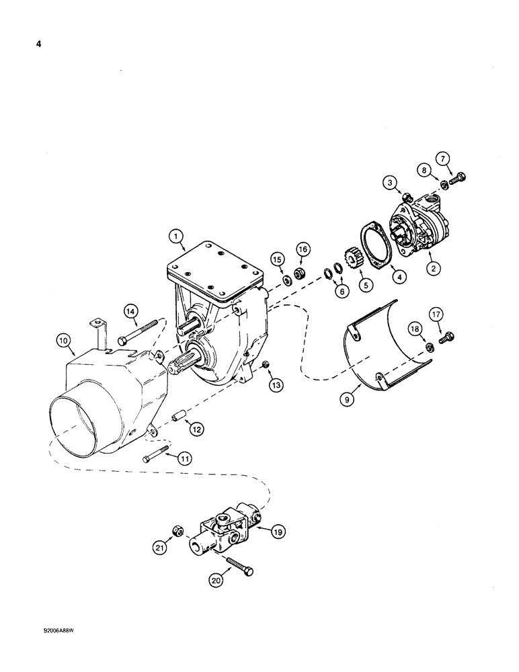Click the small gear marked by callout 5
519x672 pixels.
coord(350,259)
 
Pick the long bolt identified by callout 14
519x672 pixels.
coord(139,332)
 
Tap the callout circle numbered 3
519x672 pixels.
coord(389,181)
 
